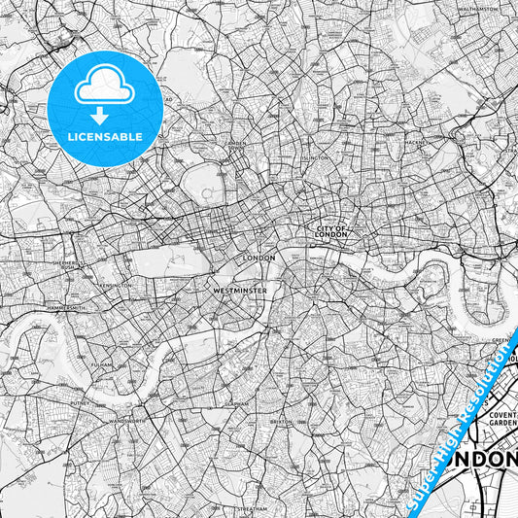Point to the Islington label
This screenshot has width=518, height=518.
pyautogui.click(x=316, y=156)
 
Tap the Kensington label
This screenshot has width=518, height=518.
pyautogui.click(x=116, y=285)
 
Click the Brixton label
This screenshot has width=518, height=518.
pyautogui.click(x=281, y=423)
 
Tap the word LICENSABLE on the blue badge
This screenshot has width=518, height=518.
pyautogui.click(x=105, y=137)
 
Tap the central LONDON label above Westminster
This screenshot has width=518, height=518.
pyautogui.click(x=259, y=258)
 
